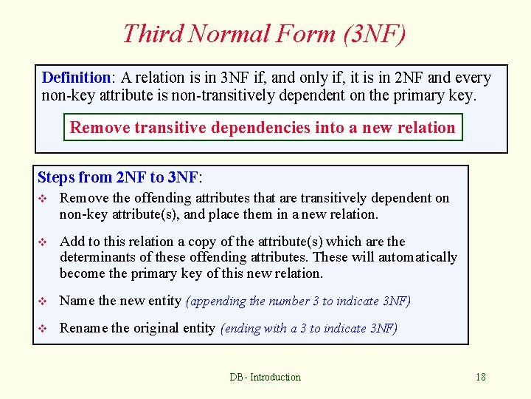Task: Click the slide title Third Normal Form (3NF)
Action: coord(264,33)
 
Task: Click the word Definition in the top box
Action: coord(76,78)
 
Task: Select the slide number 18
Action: coord(480,377)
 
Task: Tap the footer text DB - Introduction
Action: coord(265,377)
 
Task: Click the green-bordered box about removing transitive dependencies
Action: coord(263,128)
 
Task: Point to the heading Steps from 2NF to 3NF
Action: coord(119,177)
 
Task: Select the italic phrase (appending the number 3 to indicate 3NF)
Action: coord(298,301)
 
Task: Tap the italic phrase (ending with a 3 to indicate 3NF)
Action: coord(309,328)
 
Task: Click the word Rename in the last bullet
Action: coord(83,328)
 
